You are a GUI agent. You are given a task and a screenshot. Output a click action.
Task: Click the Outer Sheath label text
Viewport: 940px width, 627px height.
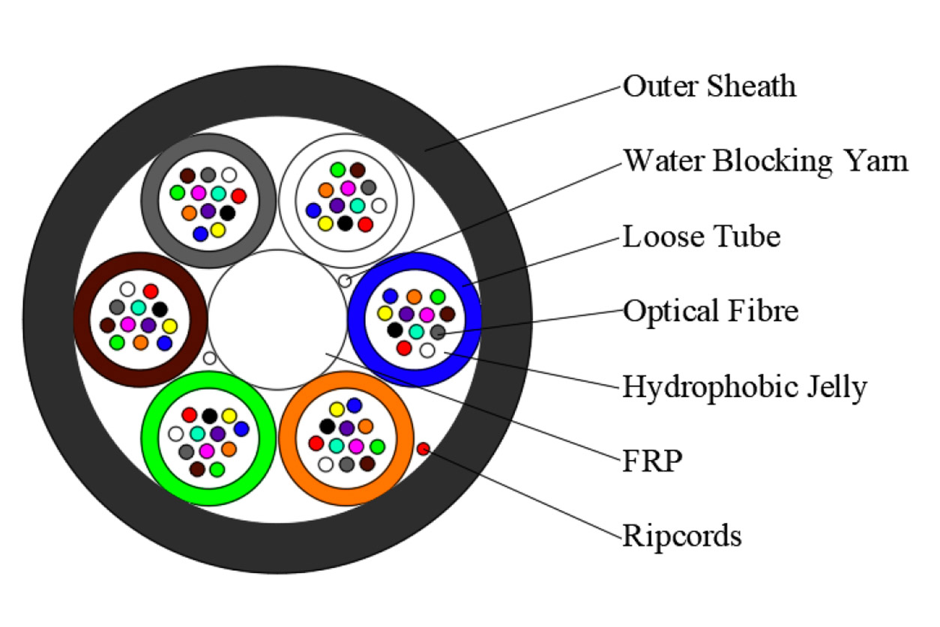(x=709, y=87)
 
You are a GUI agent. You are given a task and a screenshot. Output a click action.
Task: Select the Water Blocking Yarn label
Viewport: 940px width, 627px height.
(x=765, y=161)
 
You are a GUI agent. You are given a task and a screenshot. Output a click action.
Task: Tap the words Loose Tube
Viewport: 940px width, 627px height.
(x=702, y=237)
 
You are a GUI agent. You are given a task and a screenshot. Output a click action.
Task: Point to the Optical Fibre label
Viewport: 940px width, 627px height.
(x=711, y=311)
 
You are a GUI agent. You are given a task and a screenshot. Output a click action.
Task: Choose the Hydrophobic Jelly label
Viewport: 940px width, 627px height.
(x=744, y=387)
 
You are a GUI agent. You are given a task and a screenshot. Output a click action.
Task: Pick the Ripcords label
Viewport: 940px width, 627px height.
(x=682, y=536)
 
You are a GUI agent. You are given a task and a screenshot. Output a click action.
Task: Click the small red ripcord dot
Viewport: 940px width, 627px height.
(x=423, y=449)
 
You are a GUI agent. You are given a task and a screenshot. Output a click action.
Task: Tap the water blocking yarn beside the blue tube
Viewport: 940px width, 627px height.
(x=344, y=281)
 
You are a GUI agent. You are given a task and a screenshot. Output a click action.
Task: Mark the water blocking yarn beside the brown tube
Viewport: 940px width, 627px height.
(x=210, y=358)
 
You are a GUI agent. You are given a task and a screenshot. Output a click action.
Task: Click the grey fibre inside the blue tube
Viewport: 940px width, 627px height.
(x=437, y=332)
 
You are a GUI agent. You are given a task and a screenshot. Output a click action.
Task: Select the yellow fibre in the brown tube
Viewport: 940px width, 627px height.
(x=169, y=326)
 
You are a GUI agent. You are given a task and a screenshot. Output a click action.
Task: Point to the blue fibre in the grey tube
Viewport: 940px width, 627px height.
(x=200, y=234)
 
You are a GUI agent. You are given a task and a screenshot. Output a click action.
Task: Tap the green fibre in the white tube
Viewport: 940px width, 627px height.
(x=338, y=170)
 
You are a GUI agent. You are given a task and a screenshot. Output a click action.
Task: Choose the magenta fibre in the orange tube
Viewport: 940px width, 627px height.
(x=356, y=446)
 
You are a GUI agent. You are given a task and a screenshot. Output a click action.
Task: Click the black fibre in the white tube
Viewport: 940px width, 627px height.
(x=345, y=222)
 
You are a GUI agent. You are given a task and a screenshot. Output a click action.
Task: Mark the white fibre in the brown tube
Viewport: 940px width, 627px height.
(x=127, y=289)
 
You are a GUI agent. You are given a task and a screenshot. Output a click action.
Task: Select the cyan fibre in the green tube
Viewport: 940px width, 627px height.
(x=197, y=434)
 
